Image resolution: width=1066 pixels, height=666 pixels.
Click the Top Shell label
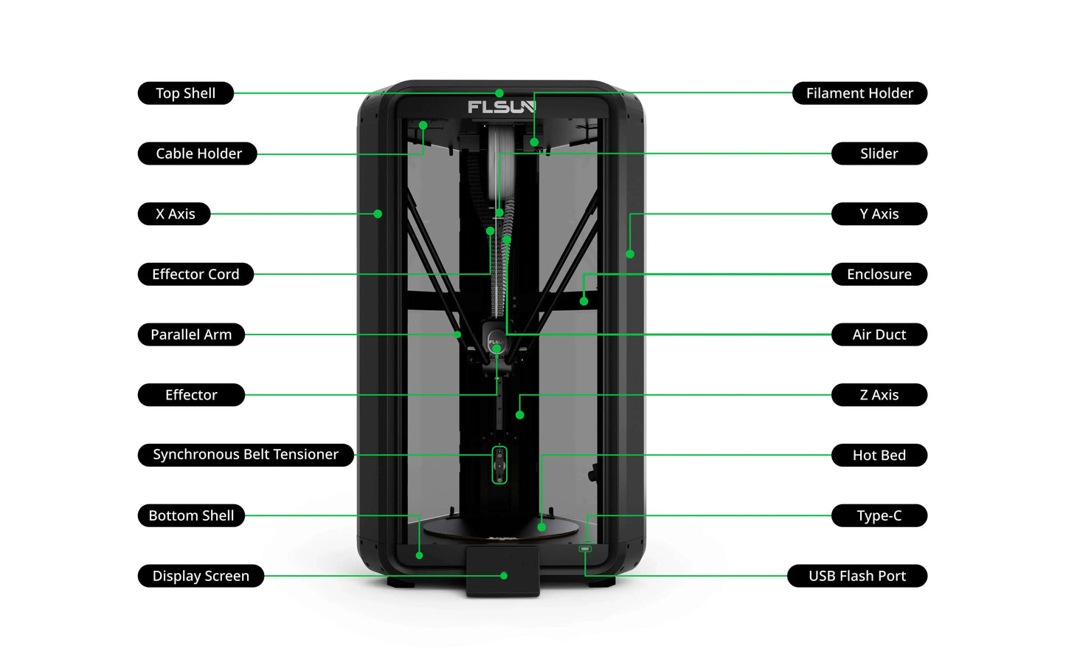point(185,93)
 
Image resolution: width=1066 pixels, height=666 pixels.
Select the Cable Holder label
point(198,154)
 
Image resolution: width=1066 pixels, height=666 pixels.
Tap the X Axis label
point(175,214)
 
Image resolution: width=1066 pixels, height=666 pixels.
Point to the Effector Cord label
point(195,274)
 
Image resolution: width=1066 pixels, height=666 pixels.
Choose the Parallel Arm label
point(191,334)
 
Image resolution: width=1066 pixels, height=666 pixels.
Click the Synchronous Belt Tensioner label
point(246,455)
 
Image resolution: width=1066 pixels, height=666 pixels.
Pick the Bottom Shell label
point(191,515)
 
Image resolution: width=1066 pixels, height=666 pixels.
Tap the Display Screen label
point(201,576)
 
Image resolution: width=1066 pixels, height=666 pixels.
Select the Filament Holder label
point(859,93)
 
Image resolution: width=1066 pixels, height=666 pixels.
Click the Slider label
point(879,154)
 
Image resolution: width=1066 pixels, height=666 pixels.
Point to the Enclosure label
point(879,274)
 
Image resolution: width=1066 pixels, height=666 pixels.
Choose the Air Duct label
point(879,334)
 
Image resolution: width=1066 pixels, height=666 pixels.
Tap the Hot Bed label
point(879,455)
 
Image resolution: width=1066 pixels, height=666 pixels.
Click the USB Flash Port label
point(856,576)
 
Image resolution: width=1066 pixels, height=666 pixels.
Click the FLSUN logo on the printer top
point(501,108)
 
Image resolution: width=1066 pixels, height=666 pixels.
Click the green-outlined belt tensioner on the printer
point(499,465)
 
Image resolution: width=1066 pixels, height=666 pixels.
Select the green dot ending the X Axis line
point(378,214)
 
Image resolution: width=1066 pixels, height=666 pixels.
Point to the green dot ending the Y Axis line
point(630,254)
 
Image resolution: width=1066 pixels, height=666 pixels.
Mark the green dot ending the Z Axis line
point(520,415)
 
